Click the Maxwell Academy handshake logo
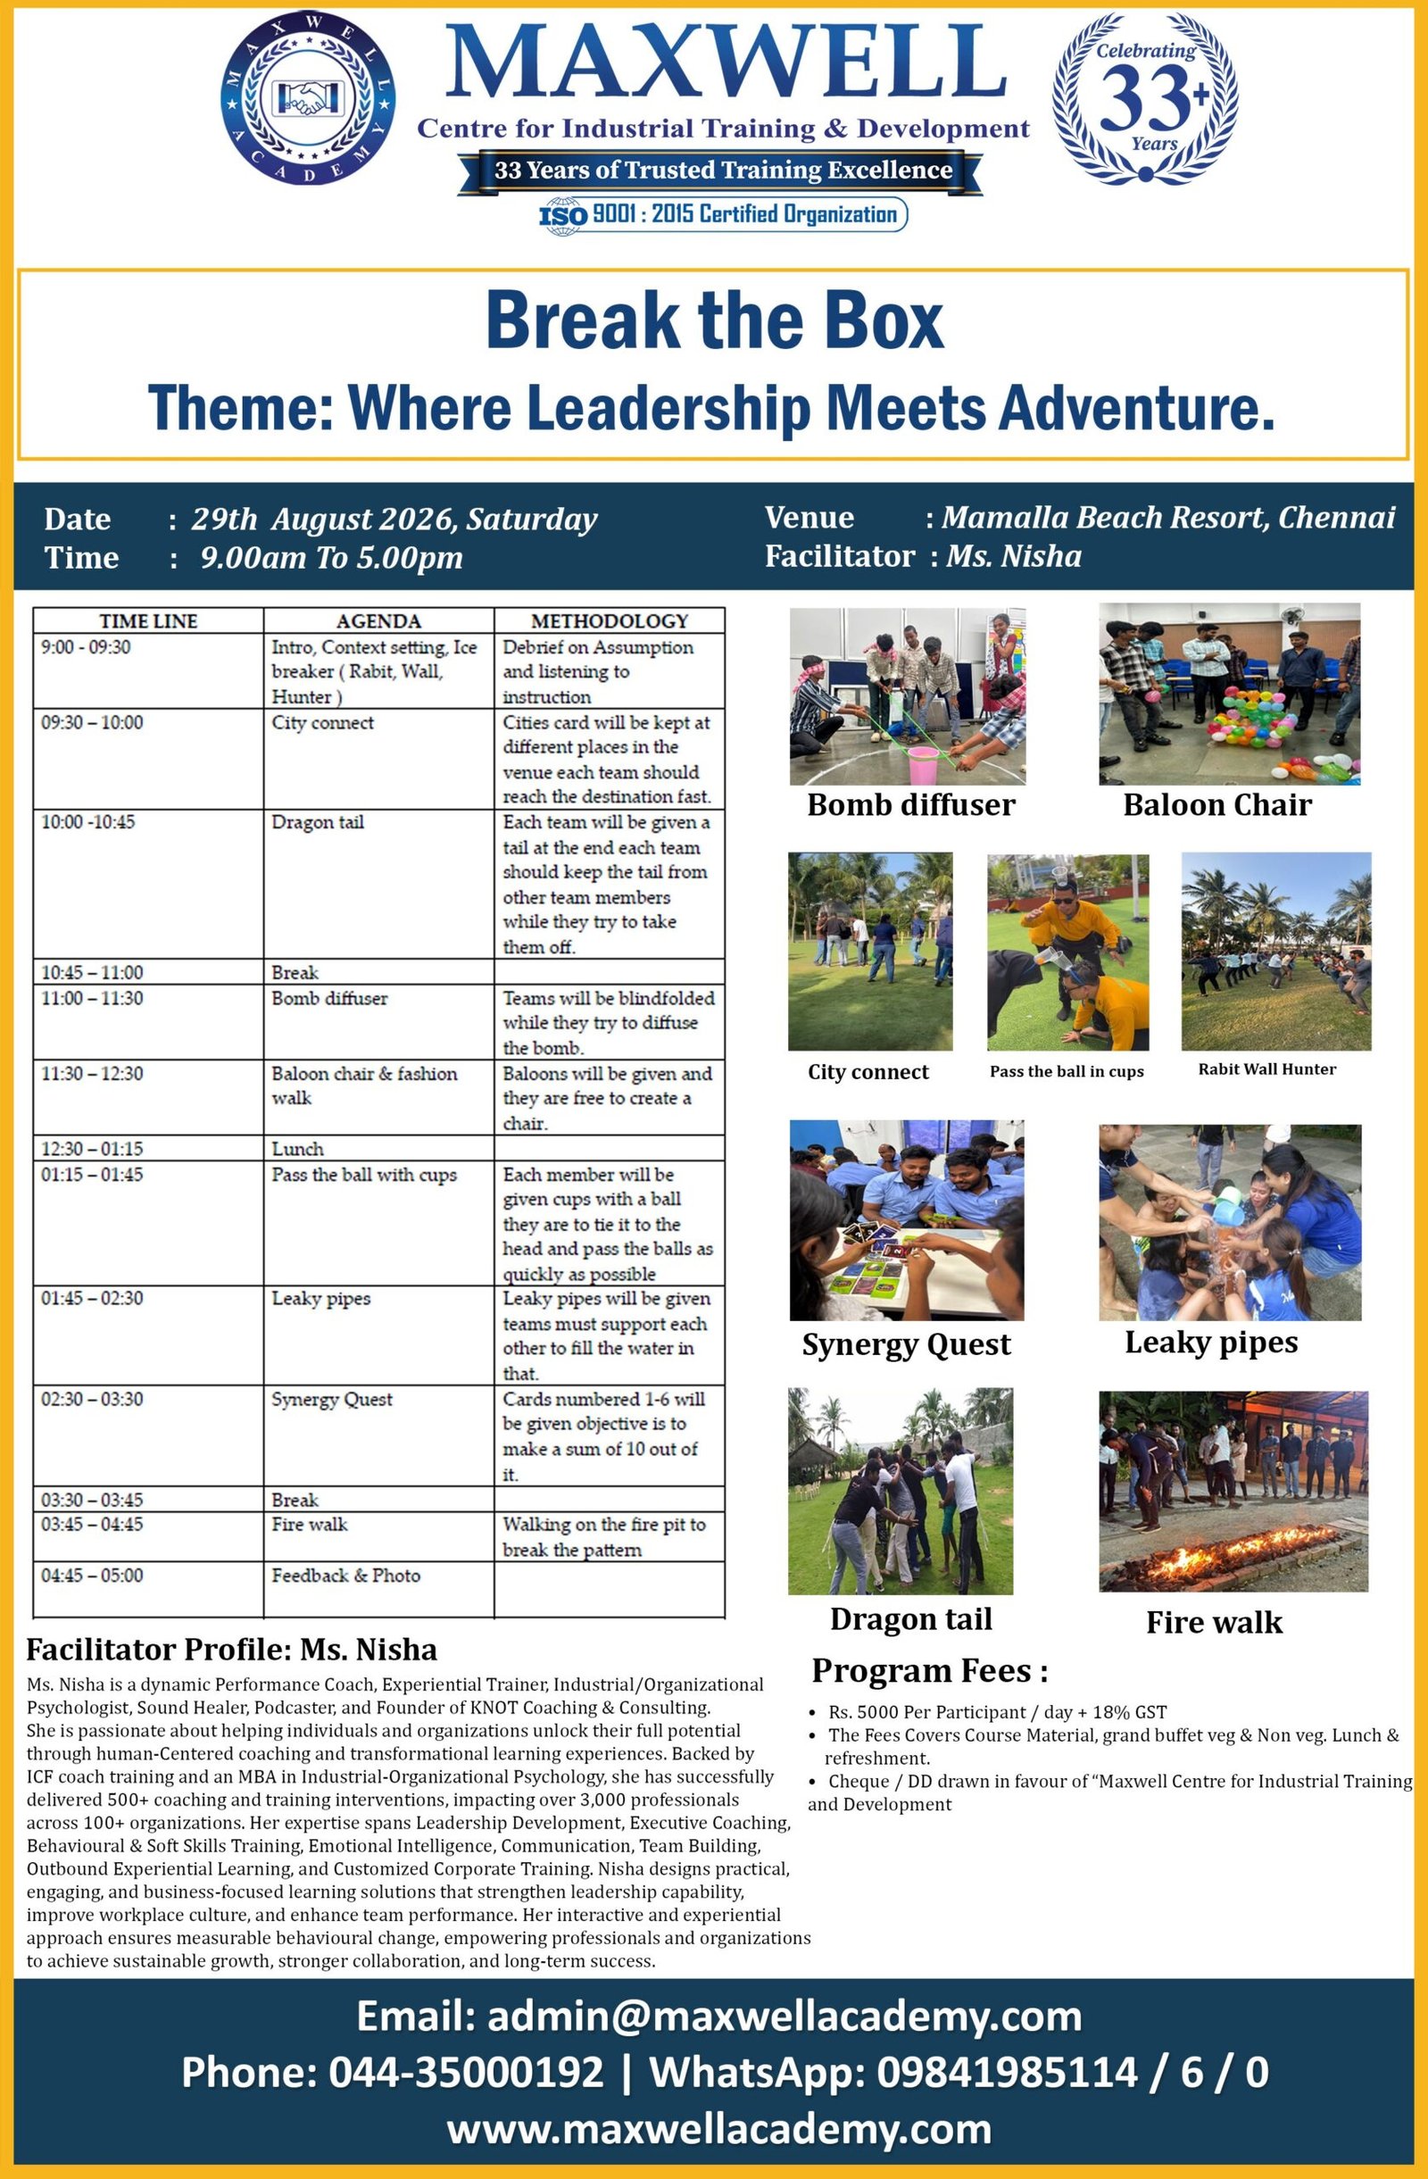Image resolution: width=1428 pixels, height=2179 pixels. (308, 99)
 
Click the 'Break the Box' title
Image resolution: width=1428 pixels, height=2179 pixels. (714, 320)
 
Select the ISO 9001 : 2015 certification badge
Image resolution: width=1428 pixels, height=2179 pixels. (722, 214)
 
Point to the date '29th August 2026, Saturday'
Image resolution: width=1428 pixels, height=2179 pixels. (394, 520)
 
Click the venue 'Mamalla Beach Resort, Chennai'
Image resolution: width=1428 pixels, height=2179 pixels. (1168, 517)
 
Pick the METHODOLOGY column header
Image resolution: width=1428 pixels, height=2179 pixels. (610, 620)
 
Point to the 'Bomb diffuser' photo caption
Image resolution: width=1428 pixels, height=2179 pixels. (911, 805)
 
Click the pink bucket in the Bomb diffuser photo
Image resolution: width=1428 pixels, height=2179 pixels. (922, 764)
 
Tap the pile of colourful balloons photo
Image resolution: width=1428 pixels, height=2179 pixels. (1229, 693)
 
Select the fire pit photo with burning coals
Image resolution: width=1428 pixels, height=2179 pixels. (1233, 1492)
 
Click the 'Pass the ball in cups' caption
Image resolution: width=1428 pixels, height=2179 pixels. (1067, 1071)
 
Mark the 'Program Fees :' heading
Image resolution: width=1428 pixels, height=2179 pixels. (930, 1671)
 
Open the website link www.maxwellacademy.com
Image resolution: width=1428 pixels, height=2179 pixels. (719, 2129)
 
